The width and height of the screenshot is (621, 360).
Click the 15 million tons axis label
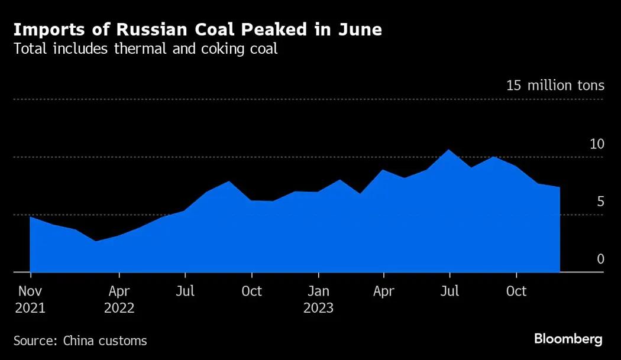555,86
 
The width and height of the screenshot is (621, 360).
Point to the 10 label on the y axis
597,144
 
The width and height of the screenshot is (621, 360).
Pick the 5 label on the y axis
600,202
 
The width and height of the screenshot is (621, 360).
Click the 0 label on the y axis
600,259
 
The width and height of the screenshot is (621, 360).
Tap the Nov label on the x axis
30,291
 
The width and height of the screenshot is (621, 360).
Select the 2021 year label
30,308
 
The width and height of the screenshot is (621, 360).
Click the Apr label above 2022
119,291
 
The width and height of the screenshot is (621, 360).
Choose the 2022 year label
119,308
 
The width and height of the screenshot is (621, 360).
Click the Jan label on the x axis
318,291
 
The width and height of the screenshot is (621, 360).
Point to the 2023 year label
318,308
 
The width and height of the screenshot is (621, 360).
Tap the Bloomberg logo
568,339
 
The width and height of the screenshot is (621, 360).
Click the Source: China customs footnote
80,340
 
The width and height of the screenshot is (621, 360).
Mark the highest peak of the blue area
449,150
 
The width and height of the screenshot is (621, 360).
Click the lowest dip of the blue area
96,241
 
